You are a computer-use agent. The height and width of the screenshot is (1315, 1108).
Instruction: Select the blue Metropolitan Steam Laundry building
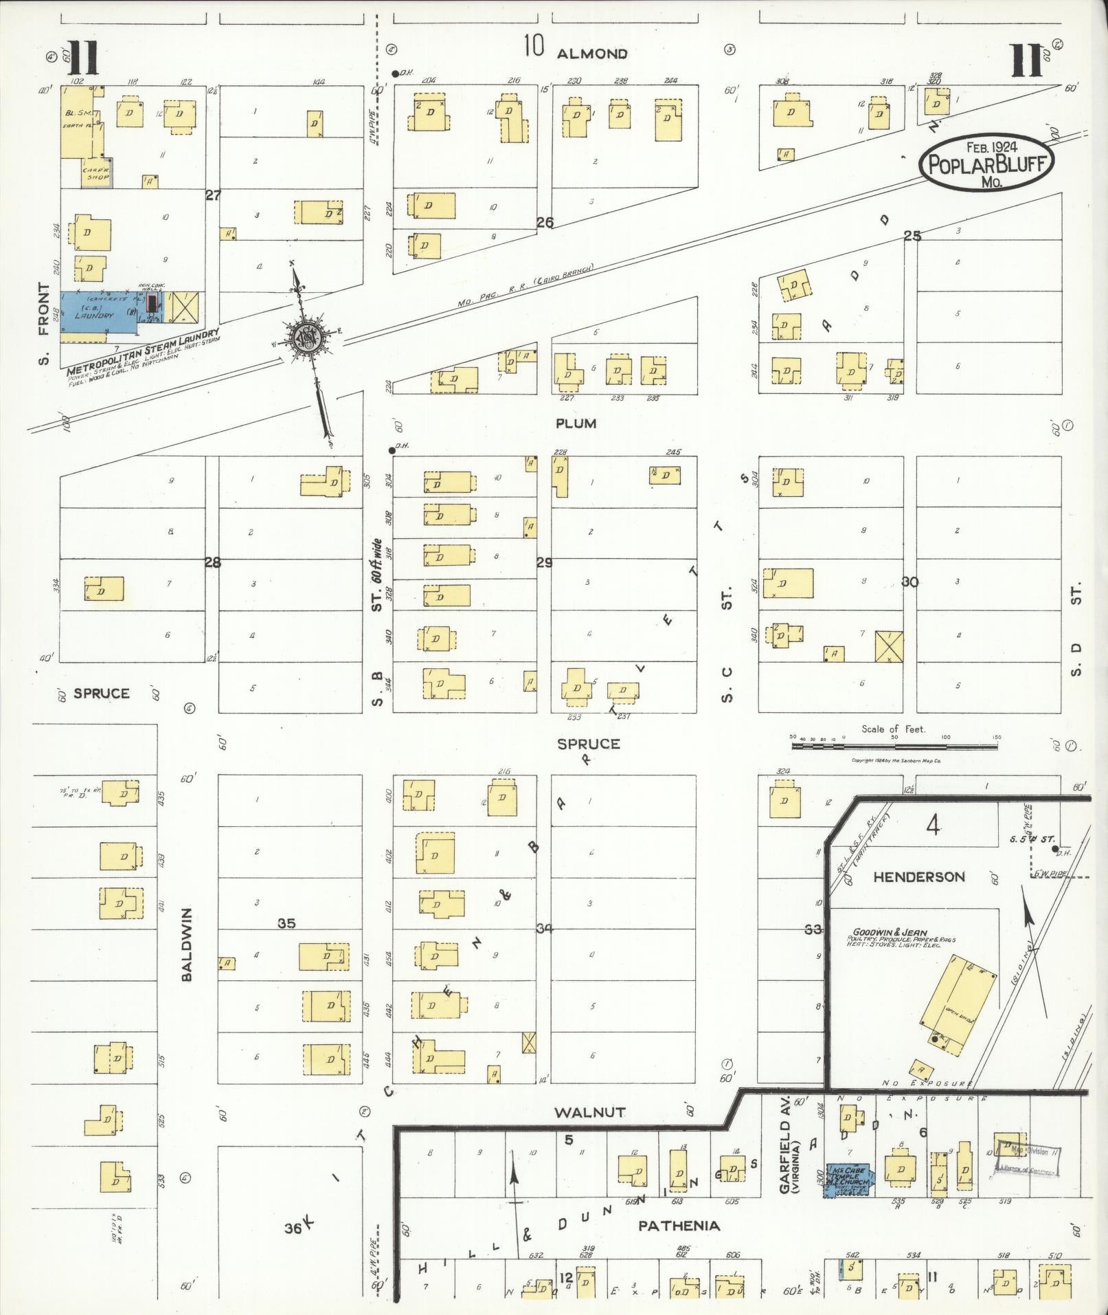tap(103, 315)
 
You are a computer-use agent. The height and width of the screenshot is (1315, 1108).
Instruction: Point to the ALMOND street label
tap(591, 54)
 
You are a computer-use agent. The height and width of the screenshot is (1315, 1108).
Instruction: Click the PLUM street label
tap(576, 423)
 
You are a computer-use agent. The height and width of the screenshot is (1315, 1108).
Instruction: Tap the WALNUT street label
tap(590, 1111)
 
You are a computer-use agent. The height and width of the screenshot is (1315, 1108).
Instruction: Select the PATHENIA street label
tap(679, 1225)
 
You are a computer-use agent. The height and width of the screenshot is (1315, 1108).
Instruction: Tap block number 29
tap(544, 563)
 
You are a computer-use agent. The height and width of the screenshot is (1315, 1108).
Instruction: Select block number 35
tap(286, 923)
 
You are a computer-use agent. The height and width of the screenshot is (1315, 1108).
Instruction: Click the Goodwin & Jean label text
tap(890, 933)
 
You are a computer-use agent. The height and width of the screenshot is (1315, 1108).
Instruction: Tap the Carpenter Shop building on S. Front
tap(98, 173)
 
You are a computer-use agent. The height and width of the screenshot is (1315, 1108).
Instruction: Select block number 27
tap(213, 195)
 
